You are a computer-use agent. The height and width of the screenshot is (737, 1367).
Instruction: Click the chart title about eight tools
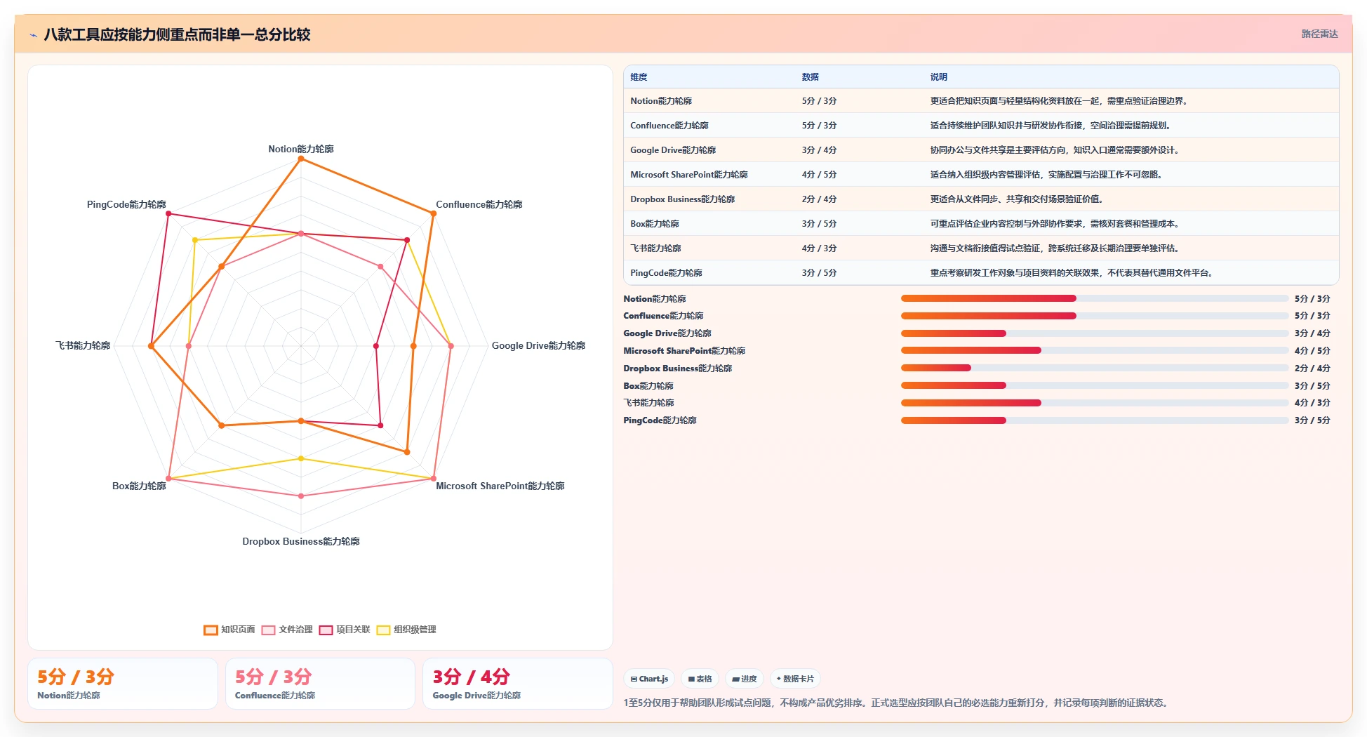click(177, 34)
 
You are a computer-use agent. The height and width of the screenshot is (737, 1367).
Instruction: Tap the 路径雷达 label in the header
click(1319, 34)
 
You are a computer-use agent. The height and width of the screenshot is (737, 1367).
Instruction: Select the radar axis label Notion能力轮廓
click(301, 149)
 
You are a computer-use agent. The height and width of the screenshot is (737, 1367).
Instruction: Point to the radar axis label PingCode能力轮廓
click(126, 204)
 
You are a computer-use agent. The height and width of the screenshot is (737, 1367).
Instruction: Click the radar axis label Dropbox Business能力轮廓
click(301, 541)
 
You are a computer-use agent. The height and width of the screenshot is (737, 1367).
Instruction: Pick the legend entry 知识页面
click(229, 630)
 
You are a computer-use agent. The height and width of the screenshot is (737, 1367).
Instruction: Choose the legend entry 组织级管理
click(406, 630)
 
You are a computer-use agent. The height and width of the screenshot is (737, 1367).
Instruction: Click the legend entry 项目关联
click(345, 630)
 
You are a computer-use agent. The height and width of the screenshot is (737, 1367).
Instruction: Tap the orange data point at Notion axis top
click(301, 159)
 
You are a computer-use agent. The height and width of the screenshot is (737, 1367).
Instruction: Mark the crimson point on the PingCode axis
click(168, 214)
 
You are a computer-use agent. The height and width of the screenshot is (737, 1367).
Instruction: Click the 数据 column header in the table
click(811, 77)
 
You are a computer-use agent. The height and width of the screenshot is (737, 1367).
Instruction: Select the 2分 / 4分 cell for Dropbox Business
click(819, 199)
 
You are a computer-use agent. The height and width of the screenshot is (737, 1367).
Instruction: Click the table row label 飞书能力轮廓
click(655, 248)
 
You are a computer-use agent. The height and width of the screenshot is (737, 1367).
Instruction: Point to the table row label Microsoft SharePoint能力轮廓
click(689, 175)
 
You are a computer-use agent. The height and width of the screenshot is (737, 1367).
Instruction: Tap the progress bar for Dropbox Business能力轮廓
click(1095, 368)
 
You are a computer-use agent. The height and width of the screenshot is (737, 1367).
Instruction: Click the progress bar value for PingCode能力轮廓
click(1312, 420)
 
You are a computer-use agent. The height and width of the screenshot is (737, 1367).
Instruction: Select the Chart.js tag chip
click(649, 679)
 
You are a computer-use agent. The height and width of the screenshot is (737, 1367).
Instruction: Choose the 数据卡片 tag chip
click(795, 679)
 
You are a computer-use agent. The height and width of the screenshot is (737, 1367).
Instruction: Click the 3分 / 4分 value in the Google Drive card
click(471, 677)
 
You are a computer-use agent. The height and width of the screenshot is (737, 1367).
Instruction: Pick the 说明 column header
click(939, 77)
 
